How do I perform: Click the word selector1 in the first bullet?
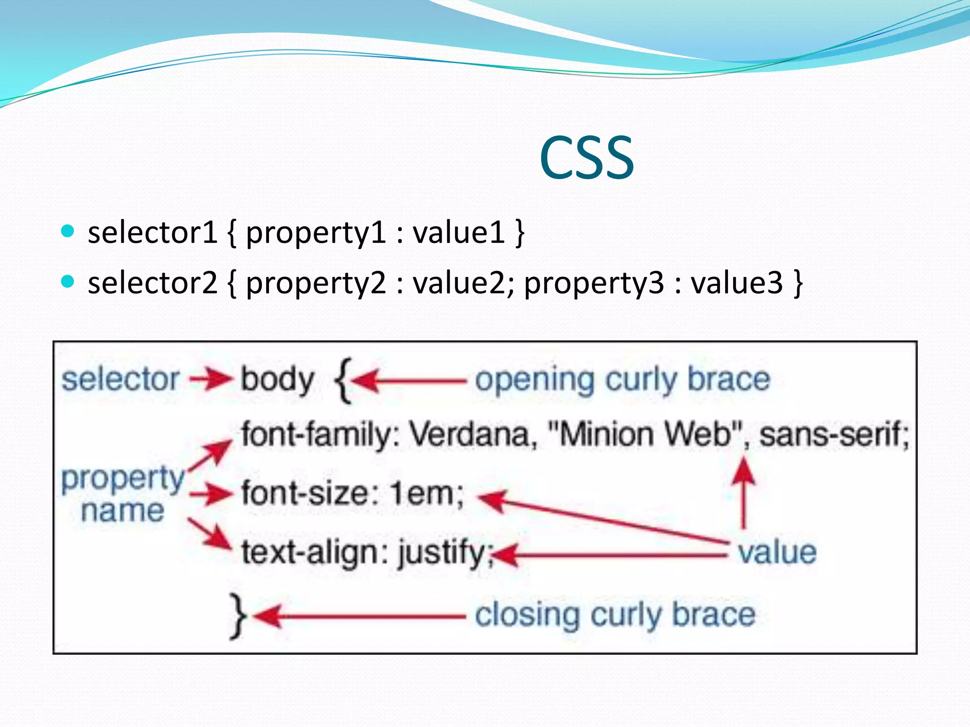coord(152,233)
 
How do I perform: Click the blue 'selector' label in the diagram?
coord(120,380)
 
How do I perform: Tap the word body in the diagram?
coord(278,380)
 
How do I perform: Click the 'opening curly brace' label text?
coord(622,380)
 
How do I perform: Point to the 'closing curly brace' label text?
coord(615,615)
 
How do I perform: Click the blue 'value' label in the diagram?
coord(777,552)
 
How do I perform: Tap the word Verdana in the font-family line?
coord(472,434)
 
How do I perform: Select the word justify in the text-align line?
coord(442,553)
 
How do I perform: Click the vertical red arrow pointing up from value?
coord(744,492)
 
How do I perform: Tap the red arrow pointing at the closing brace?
coord(360,616)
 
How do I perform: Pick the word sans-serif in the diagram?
coord(834,434)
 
